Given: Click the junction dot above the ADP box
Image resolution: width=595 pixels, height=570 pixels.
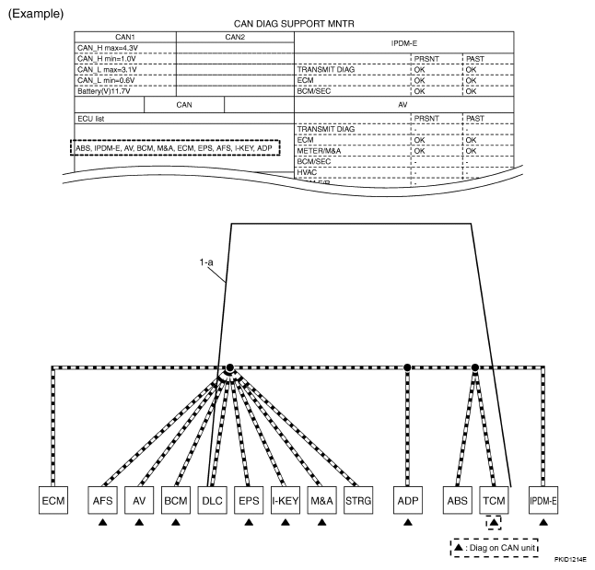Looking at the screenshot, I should point(407,366).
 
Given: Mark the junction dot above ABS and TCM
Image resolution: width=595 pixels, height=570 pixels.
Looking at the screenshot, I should point(475,366).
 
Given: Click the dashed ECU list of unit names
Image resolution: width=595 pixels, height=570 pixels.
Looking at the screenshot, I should point(175,147).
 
